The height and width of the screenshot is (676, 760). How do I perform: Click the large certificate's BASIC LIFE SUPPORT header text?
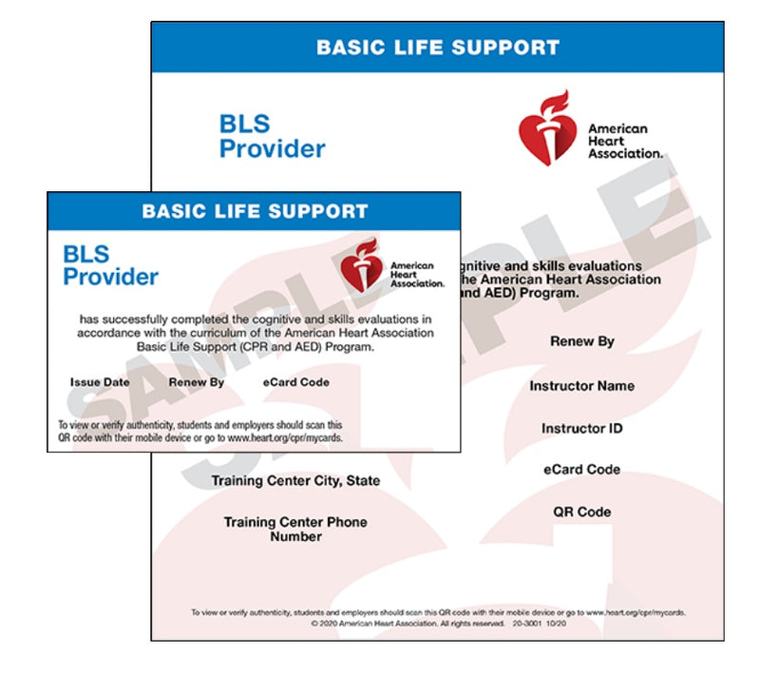(x=437, y=47)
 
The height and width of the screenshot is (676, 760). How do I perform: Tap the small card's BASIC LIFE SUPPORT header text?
(x=254, y=211)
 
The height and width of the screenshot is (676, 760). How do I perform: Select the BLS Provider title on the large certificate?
(x=272, y=136)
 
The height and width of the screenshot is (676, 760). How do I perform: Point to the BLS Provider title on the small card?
(x=110, y=265)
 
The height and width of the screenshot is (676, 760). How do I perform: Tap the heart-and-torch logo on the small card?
(x=362, y=265)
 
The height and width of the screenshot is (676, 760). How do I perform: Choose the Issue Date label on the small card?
(x=99, y=382)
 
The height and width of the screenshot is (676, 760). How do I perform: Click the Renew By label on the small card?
(x=196, y=382)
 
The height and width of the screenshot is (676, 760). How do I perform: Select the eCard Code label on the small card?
(x=296, y=382)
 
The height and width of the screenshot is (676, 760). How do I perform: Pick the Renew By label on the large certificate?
(x=581, y=341)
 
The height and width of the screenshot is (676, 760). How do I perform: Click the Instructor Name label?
(x=581, y=386)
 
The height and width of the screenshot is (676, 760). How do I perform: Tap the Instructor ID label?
(x=581, y=429)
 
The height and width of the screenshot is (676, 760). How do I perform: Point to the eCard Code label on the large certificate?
(x=581, y=470)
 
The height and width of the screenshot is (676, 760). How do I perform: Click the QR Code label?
(x=581, y=512)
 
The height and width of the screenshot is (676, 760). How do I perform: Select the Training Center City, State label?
(x=295, y=481)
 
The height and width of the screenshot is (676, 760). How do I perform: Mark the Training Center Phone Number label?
(x=295, y=530)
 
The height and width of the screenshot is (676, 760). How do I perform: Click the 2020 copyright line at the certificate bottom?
(x=437, y=625)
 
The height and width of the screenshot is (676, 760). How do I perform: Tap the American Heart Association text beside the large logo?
(x=623, y=141)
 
